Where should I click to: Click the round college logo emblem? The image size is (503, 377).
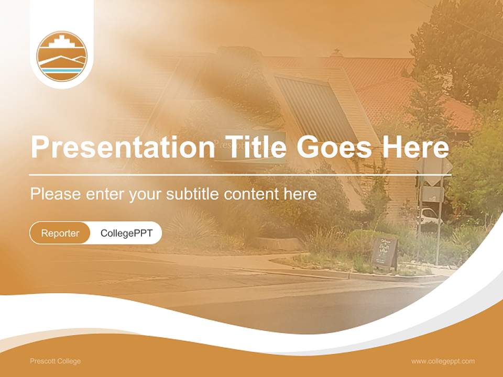coord(62,56)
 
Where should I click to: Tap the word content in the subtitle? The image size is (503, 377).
coord(251,194)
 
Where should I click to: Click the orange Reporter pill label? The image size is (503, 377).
coord(60,233)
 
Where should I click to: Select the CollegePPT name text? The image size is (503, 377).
coord(126,233)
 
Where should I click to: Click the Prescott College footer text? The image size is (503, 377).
coord(56,361)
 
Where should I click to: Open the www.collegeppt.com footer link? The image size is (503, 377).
coord(443,361)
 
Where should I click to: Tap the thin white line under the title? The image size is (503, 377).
coord(236,174)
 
